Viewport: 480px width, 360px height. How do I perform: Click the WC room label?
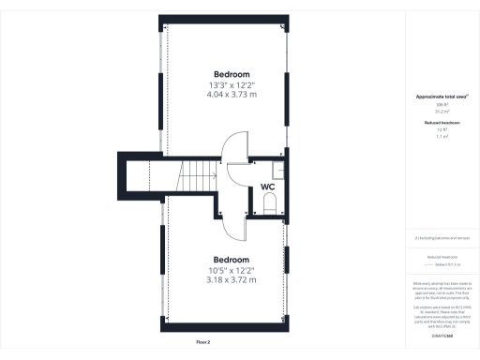(268, 187)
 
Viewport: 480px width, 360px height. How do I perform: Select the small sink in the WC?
(277, 170)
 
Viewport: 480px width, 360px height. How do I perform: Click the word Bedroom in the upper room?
(232, 74)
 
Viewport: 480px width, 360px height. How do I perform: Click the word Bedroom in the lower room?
(231, 260)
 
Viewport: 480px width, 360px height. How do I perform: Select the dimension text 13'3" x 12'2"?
(232, 85)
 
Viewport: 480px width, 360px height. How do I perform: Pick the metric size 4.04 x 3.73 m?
(232, 95)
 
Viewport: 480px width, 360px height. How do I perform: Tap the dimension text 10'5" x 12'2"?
(231, 270)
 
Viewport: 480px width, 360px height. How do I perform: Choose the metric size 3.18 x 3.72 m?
(231, 279)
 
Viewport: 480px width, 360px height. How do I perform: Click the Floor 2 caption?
(203, 342)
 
